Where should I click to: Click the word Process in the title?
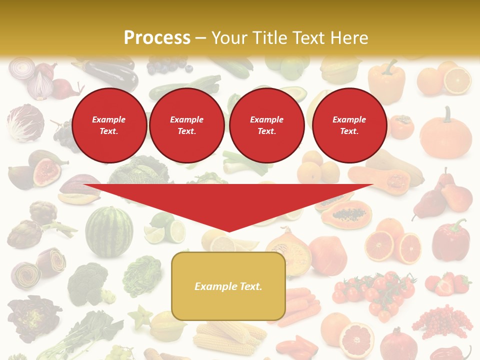157,37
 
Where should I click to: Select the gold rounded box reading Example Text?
228,286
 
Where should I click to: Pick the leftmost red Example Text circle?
109,125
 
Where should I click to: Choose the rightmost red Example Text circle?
349,125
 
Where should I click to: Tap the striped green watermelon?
109,231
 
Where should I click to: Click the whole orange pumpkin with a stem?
445,134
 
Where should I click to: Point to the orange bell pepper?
386,80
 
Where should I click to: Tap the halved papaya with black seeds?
346,214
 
